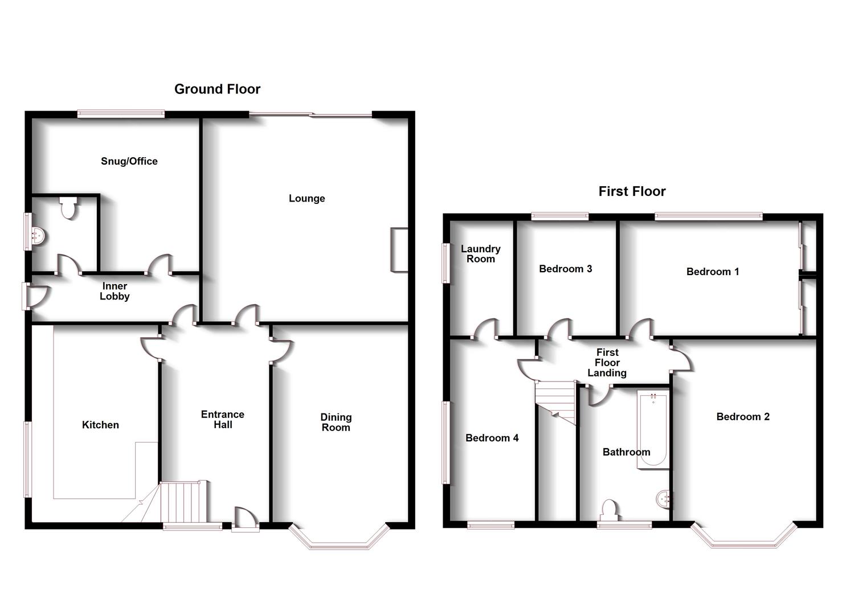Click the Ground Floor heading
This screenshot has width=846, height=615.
pyautogui.click(x=217, y=89)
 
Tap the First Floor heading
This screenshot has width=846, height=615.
pyautogui.click(x=632, y=191)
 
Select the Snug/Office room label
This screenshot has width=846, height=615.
pyautogui.click(x=129, y=161)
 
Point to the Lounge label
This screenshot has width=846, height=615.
pyautogui.click(x=306, y=198)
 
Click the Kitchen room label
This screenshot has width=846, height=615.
pyautogui.click(x=100, y=425)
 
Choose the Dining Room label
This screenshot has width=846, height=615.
pyautogui.click(x=336, y=422)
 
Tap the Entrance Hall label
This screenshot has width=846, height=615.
pyautogui.click(x=223, y=419)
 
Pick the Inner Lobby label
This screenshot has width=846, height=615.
pyautogui.click(x=115, y=291)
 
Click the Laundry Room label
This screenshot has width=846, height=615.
pyautogui.click(x=481, y=253)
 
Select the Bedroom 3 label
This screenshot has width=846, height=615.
pyautogui.click(x=566, y=269)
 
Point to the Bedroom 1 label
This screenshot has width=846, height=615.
pyautogui.click(x=713, y=272)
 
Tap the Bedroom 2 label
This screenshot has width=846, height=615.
pyautogui.click(x=743, y=417)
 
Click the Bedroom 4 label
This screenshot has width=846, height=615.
pyautogui.click(x=492, y=438)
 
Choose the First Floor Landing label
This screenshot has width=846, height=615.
pyautogui.click(x=607, y=362)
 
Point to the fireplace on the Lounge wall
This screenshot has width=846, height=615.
pyautogui.click(x=399, y=250)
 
